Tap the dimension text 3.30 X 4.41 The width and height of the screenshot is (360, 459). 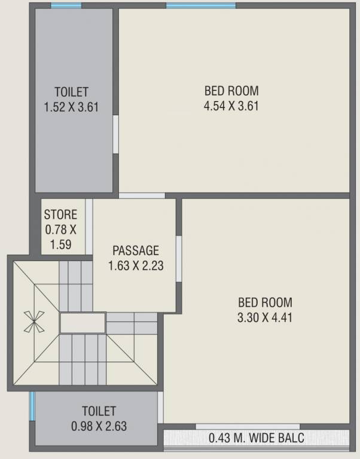click(264, 317)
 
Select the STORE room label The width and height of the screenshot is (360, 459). click(60, 214)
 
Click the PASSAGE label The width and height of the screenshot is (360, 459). click(136, 250)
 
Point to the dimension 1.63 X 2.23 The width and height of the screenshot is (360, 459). click(136, 265)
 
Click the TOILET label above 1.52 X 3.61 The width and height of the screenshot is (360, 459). click(71, 92)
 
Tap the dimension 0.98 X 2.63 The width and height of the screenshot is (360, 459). click(99, 426)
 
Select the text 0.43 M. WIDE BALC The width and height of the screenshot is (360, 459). click(256, 438)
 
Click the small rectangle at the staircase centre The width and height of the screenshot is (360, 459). click(83, 323)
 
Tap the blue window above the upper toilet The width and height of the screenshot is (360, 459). click(66, 6)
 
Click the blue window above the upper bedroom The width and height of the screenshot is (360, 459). click(200, 6)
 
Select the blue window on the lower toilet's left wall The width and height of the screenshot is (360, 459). click(32, 406)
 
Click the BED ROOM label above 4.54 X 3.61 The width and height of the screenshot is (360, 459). click(231, 91)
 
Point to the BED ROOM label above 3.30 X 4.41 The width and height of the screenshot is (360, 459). click(264, 302)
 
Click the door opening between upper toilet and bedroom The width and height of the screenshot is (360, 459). click(115, 135)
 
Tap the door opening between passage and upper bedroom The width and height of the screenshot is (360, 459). click(142, 195)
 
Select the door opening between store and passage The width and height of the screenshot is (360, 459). click(89, 227)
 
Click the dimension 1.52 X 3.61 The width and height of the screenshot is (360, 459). click(71, 108)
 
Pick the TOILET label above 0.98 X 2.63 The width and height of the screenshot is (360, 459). click(99, 411)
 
